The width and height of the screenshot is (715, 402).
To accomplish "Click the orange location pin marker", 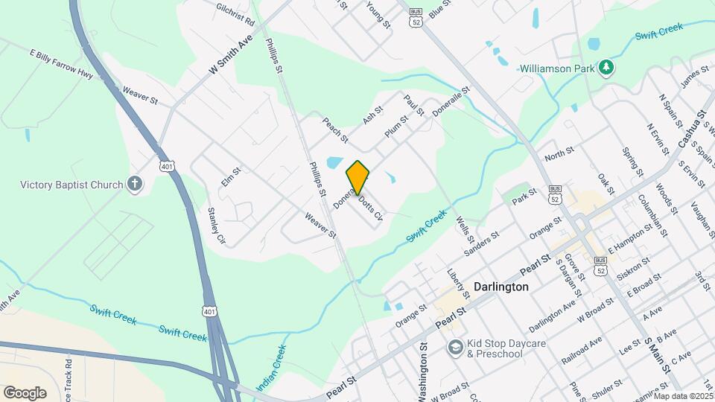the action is click(357, 177).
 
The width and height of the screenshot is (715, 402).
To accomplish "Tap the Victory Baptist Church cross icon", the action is click(135, 184).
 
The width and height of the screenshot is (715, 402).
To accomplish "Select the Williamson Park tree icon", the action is click(607, 68).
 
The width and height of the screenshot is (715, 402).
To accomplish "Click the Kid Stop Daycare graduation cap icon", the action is click(454, 348).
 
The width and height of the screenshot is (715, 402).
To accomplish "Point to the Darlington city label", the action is click(500, 287).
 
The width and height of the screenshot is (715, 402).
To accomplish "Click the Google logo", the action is click(25, 392).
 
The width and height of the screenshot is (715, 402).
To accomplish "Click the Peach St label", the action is click(334, 130).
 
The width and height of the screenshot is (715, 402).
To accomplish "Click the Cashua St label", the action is click(696, 131).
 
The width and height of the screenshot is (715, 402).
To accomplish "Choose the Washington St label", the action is click(423, 371).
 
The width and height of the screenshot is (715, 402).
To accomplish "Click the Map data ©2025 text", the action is click(684, 395).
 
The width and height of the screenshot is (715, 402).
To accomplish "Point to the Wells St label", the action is click(465, 229).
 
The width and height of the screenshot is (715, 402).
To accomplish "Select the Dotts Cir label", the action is click(369, 209).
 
